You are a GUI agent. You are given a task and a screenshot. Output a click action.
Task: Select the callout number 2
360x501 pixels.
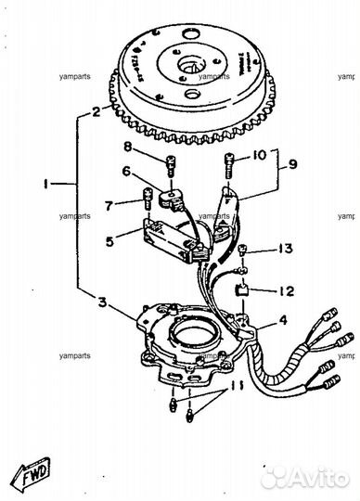click(x=95, y=113)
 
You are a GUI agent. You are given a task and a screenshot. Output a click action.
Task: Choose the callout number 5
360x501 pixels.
click(x=109, y=242)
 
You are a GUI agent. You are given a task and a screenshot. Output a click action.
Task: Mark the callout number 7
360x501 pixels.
click(x=109, y=204)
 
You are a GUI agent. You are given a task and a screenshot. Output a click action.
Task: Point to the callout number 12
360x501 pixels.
click(x=287, y=291)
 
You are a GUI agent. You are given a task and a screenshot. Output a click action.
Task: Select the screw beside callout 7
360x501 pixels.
click(x=148, y=197)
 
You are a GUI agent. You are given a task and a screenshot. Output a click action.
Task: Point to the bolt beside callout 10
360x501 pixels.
click(x=229, y=166)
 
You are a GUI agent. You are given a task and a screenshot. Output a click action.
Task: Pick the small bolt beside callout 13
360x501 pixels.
click(x=243, y=250)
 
